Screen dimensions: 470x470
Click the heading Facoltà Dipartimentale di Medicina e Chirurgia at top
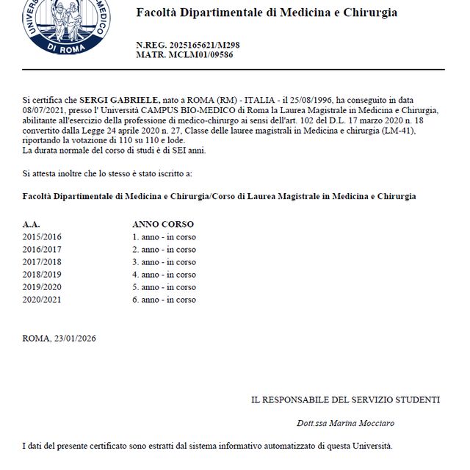click(x=267, y=12)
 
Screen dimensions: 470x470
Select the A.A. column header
click(x=31, y=223)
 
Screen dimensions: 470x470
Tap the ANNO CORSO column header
click(x=163, y=223)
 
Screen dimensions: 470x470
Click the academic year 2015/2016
click(x=42, y=237)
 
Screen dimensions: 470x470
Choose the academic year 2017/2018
click(x=42, y=262)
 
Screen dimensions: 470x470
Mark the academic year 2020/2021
click(x=42, y=300)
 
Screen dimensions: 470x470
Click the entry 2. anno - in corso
click(x=164, y=250)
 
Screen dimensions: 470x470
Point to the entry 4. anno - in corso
click(x=164, y=275)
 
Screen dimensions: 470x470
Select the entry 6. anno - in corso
click(x=164, y=300)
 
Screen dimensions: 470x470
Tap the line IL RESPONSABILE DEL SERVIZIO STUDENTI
click(x=345, y=400)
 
